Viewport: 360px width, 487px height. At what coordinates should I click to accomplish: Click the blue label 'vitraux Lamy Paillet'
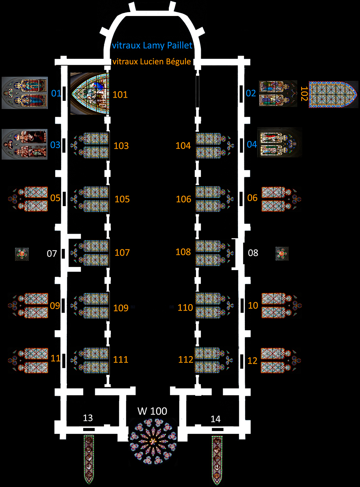pyautogui.click(x=152, y=46)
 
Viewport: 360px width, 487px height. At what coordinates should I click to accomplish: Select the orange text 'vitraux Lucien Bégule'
pyautogui.click(x=152, y=62)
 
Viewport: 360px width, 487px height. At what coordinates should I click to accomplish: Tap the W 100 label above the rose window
pyautogui.click(x=152, y=411)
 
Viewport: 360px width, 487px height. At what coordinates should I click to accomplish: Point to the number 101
pyautogui.click(x=120, y=95)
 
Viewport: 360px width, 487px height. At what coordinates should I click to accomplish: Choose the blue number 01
pyautogui.click(x=56, y=94)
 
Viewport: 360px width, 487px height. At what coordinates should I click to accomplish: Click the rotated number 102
pyautogui.click(x=304, y=97)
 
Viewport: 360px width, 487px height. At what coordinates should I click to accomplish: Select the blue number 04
pyautogui.click(x=252, y=144)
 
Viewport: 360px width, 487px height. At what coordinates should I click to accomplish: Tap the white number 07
pyautogui.click(x=52, y=253)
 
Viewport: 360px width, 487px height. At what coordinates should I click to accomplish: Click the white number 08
pyautogui.click(x=253, y=253)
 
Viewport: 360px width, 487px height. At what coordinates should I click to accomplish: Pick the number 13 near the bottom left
pyautogui.click(x=88, y=418)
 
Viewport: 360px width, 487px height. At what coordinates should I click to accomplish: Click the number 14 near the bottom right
pyautogui.click(x=216, y=419)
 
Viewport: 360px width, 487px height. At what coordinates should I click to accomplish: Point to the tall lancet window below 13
pyautogui.click(x=89, y=459)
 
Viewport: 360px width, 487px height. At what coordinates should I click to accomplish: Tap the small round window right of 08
pyautogui.click(x=282, y=253)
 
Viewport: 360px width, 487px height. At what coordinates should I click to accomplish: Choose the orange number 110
pyautogui.click(x=185, y=308)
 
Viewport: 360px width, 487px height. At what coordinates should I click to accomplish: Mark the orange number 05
pyautogui.click(x=56, y=198)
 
